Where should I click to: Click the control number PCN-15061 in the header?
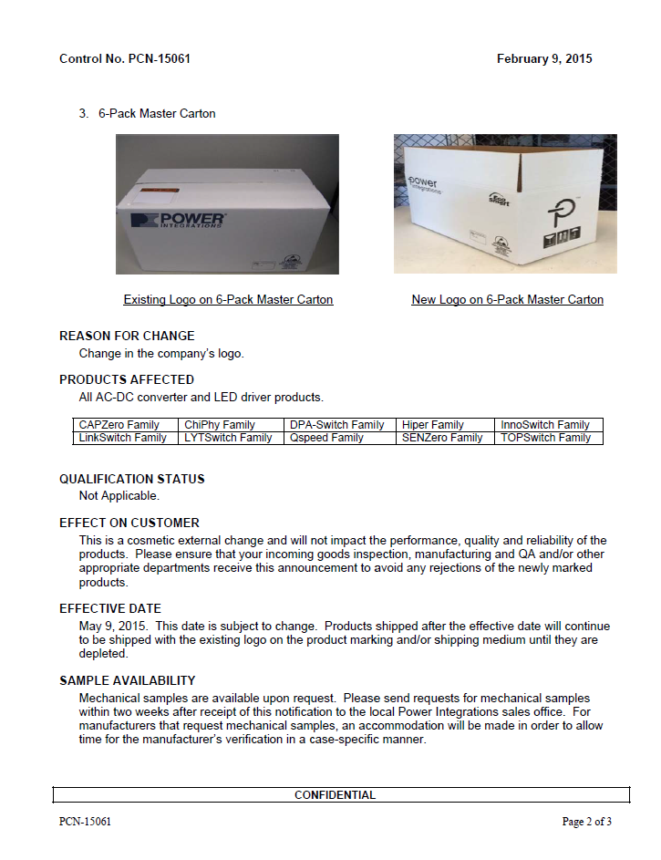[125, 59]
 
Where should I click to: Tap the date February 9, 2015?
[544, 59]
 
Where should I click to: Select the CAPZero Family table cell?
[119, 425]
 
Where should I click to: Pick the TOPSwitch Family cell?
[546, 438]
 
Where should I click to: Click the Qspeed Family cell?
[327, 438]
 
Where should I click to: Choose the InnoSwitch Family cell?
[545, 425]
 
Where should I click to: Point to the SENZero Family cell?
[442, 438]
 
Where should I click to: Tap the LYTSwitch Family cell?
[228, 438]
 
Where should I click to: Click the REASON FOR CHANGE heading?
[127, 336]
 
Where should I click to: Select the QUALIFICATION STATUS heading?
[132, 479]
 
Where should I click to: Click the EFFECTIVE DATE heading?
[110, 608]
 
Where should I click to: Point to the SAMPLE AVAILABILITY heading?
[128, 680]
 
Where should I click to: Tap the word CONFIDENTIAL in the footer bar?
[335, 795]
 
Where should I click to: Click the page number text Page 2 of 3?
[586, 822]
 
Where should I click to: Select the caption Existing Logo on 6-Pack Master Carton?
[228, 299]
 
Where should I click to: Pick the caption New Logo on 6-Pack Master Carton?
[507, 299]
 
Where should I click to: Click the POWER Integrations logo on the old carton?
[178, 221]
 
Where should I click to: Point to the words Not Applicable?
[119, 496]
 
